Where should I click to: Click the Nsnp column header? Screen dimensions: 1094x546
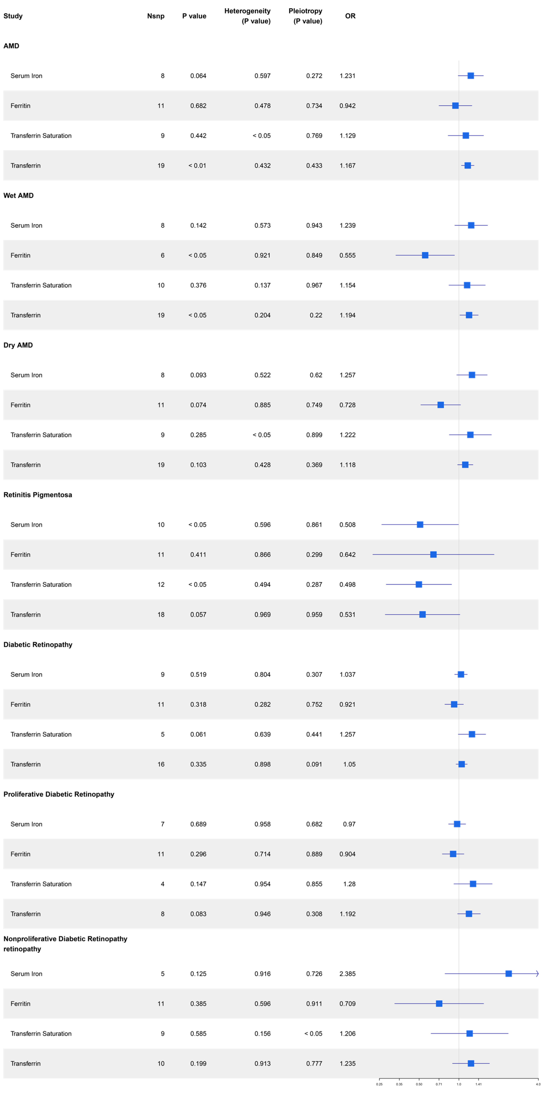[155, 16]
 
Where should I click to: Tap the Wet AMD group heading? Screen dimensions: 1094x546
[18, 195]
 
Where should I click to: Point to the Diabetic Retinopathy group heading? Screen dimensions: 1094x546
[38, 644]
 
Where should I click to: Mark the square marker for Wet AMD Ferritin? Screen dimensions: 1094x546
[425, 255]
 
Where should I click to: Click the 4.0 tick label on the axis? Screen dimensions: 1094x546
[538, 1084]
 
